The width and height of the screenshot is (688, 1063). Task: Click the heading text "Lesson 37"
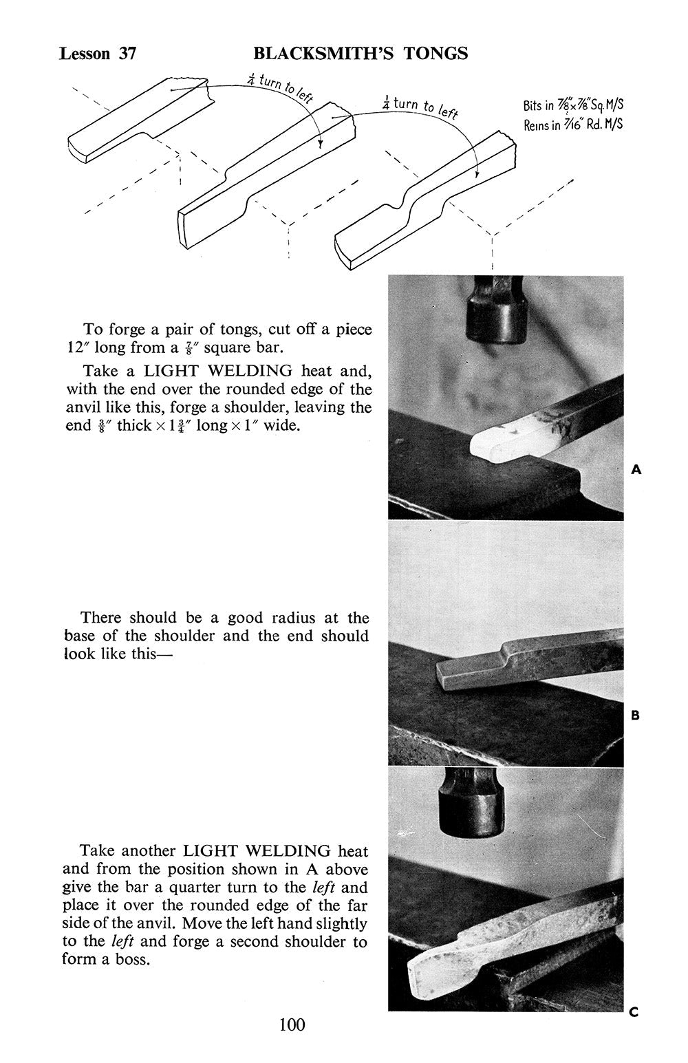point(98,54)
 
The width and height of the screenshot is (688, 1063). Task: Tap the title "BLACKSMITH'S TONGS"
point(361,53)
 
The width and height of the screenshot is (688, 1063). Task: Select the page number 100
point(292,1024)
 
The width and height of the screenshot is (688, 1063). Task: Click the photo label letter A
point(636,470)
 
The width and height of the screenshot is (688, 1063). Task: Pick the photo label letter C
point(634,1011)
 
